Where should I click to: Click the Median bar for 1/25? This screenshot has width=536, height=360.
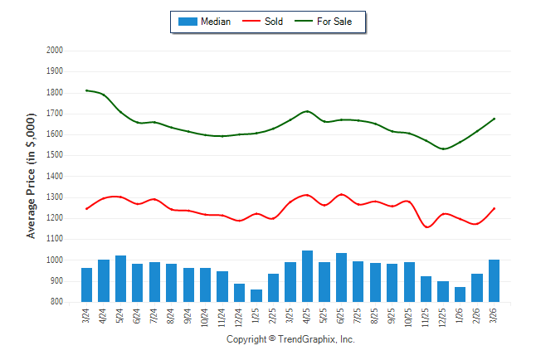point(256,295)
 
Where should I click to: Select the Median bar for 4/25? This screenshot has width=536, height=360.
point(307,276)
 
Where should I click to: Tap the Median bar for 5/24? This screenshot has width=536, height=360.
point(120,279)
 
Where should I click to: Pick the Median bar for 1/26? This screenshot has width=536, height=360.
point(460,294)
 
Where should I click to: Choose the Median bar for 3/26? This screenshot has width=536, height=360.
point(494,281)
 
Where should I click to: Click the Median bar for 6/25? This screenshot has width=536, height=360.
point(341,278)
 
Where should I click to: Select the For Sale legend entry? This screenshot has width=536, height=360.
point(334,22)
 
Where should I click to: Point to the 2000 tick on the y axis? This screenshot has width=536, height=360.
point(55,51)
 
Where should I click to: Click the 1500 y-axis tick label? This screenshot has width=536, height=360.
point(55,155)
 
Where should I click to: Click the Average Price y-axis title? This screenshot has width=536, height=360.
point(32,177)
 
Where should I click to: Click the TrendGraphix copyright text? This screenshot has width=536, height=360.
point(290,339)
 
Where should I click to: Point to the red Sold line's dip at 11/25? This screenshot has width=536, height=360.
point(426,226)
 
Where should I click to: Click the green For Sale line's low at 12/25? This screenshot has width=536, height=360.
point(443,149)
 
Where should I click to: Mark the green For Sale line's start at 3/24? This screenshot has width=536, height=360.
point(86,90)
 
